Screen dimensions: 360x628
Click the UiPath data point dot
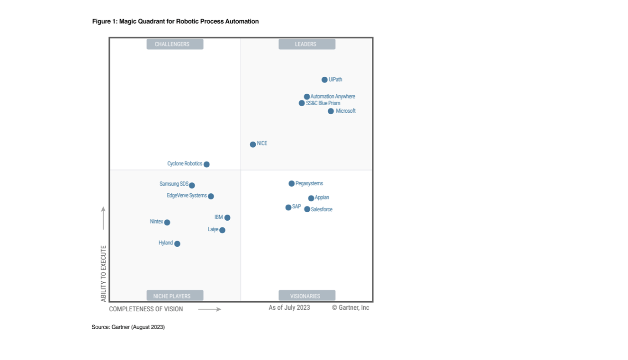324,80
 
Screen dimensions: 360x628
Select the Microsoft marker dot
331,111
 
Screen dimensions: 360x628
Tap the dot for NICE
253,144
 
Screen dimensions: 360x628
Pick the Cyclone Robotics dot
206,164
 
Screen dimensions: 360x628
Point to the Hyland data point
177,244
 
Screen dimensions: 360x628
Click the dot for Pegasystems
292,184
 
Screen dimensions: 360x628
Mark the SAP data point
288,207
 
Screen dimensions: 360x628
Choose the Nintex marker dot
167,222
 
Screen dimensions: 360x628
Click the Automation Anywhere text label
332,97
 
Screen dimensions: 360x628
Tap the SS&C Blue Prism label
323,103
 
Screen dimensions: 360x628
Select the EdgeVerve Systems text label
187,196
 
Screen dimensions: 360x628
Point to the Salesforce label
322,209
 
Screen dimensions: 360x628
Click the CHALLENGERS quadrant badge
175,44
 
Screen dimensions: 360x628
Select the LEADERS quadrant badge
306,44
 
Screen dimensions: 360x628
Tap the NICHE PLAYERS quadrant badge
175,296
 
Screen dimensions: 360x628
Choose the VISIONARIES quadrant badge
306,296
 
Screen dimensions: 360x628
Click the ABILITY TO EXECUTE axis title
104,273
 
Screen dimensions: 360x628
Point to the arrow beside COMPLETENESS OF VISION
209,309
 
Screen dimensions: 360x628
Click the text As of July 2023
289,308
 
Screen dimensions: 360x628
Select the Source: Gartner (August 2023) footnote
128,327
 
